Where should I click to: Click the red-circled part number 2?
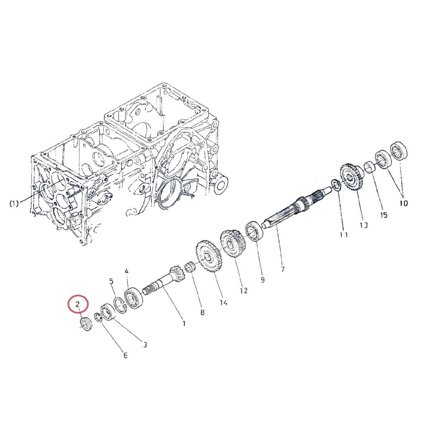click(x=77, y=304)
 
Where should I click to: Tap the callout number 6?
click(x=125, y=355)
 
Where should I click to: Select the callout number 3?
click(x=145, y=345)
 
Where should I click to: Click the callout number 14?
click(x=223, y=302)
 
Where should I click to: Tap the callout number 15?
click(x=384, y=215)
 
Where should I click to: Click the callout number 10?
click(x=403, y=203)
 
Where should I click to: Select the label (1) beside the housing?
click(x=14, y=204)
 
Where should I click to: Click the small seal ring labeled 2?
click(x=86, y=324)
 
